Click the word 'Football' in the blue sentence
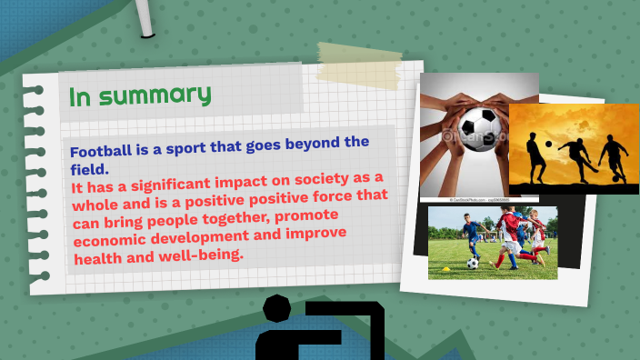103,151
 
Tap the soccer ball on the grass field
473,263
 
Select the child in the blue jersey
473,235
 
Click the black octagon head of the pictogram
275,309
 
